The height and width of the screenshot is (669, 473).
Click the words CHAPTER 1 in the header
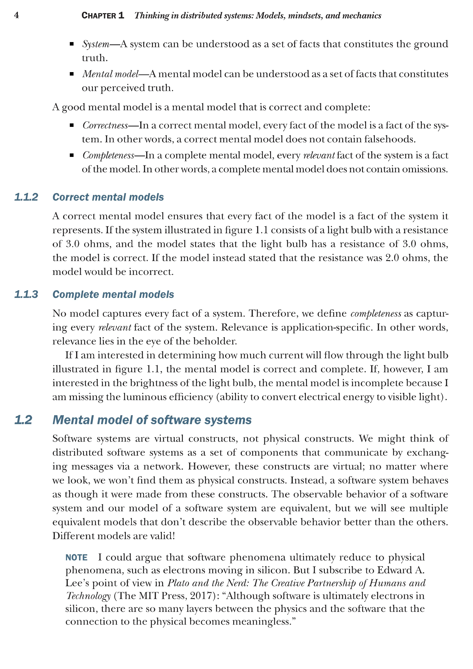[103, 16]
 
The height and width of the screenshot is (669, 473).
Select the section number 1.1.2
[26, 197]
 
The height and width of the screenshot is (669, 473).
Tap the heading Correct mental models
[108, 197]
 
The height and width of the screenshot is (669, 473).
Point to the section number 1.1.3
[26, 295]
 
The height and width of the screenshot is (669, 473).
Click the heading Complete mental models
[113, 295]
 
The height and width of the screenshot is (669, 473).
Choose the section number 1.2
[23, 420]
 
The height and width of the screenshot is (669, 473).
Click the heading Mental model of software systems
[152, 420]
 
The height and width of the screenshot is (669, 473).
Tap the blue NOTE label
[76, 557]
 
